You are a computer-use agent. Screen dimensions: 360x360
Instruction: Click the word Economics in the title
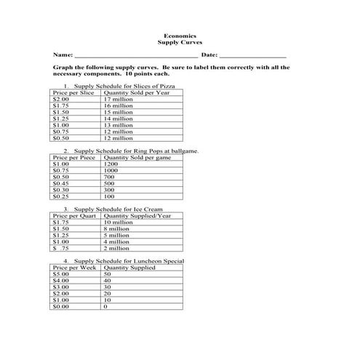180,35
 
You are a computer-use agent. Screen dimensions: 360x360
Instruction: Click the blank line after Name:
136,55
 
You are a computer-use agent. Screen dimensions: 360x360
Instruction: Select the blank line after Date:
252,55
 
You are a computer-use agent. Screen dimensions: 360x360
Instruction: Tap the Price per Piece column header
75,157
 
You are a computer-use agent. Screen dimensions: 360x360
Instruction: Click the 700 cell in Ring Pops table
109,177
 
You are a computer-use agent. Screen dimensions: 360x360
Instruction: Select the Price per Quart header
75,215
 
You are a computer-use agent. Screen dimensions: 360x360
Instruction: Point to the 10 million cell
119,222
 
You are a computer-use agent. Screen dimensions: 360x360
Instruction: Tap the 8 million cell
117,228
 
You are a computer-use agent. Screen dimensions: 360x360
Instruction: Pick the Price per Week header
75,268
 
